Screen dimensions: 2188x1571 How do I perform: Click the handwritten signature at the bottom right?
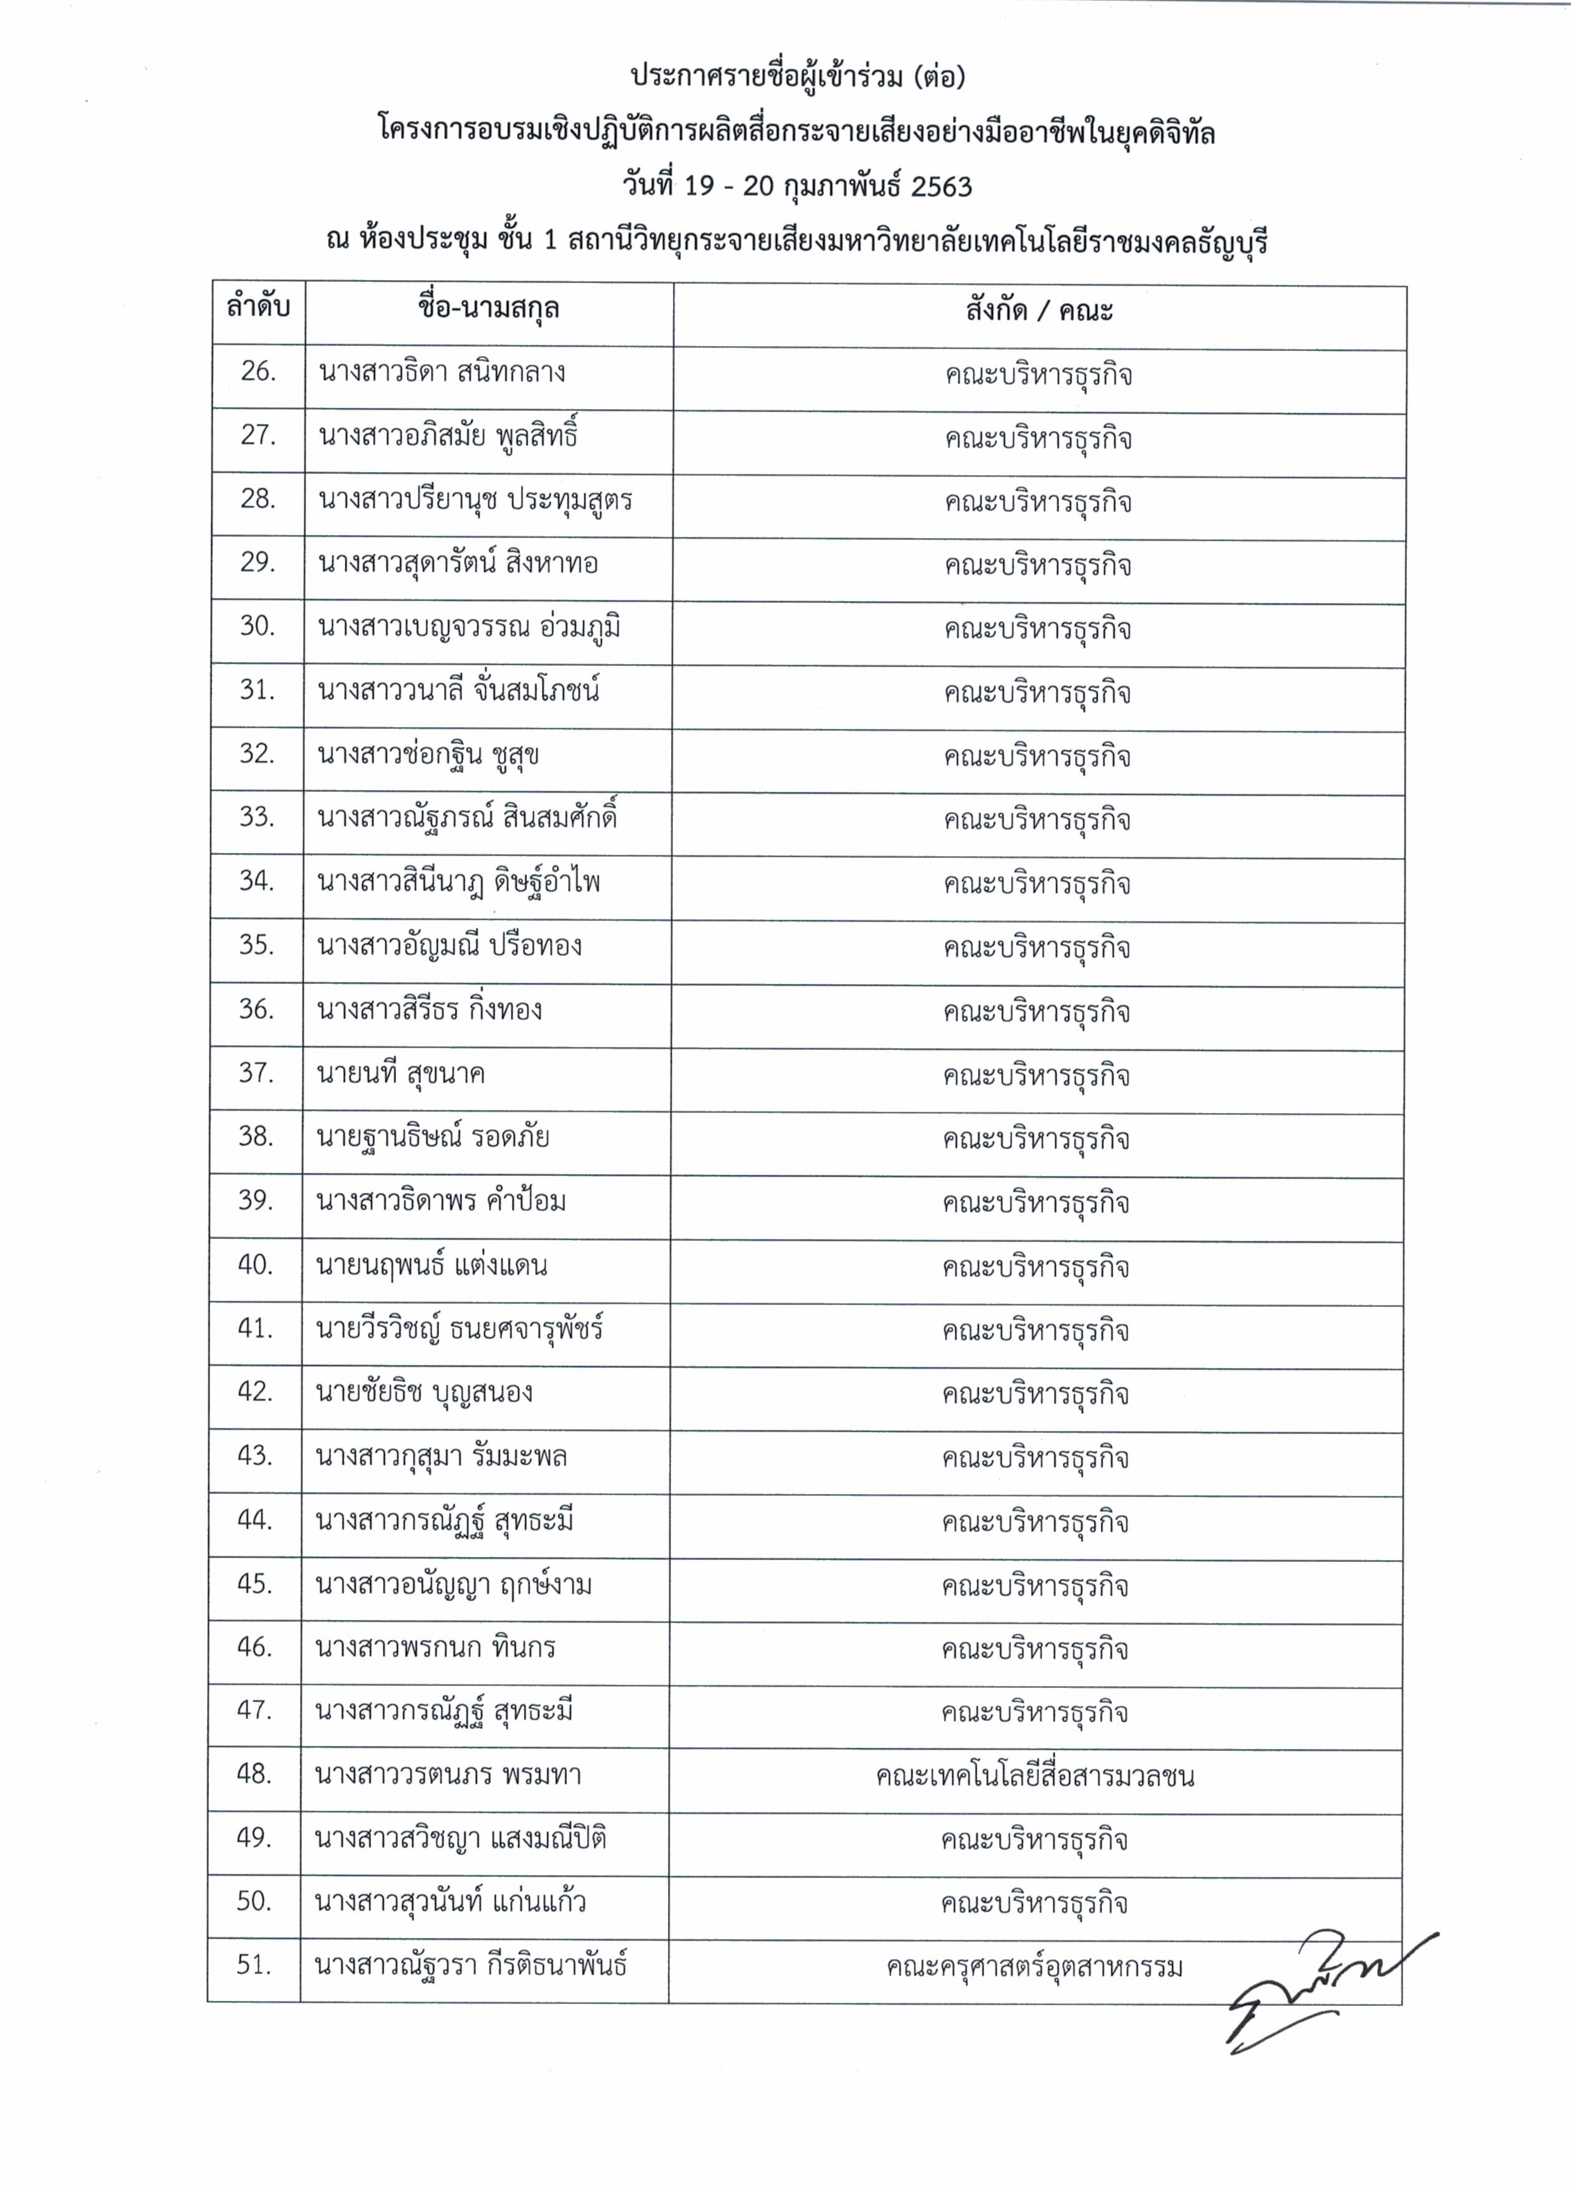click(1322, 1992)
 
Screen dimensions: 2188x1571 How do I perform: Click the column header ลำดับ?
click(258, 309)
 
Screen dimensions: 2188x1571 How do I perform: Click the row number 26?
click(258, 372)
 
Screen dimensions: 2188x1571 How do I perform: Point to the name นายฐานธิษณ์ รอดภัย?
click(432, 1137)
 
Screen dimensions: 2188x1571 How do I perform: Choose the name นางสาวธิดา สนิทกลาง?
click(442, 372)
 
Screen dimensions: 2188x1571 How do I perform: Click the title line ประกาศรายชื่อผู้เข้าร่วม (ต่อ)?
click(797, 76)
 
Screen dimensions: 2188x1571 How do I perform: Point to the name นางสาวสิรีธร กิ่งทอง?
click(430, 1009)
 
